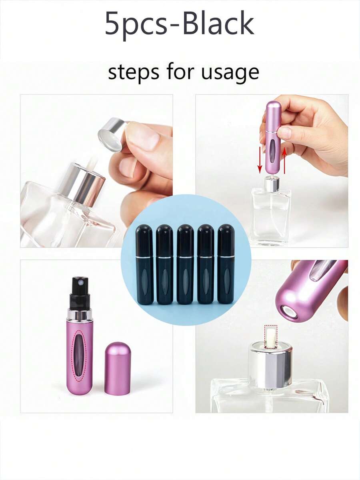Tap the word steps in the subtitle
(130, 72)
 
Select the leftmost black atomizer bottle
(144, 264)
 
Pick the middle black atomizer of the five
(185, 264)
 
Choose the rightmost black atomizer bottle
(226, 264)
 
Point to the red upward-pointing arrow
(285, 160)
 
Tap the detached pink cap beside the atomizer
(118, 368)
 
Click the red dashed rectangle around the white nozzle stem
(271, 337)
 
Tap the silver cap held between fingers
(110, 135)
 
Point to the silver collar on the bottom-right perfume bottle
(270, 365)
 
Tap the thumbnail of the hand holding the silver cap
(96, 171)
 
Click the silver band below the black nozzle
(80, 314)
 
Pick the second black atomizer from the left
(165, 264)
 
